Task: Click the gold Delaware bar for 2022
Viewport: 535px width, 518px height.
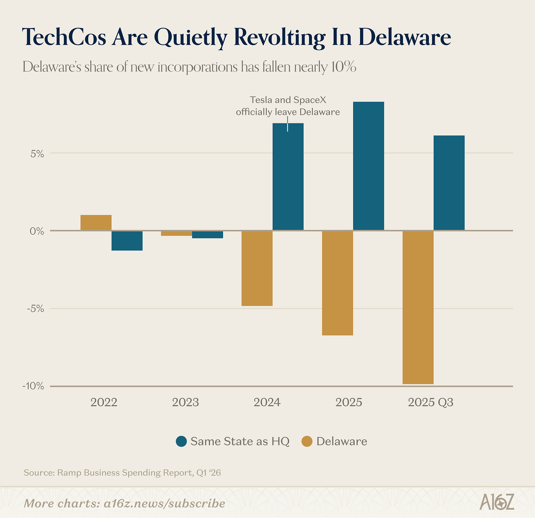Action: pyautogui.click(x=96, y=222)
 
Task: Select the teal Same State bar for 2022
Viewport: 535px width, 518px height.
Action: pyautogui.click(x=127, y=241)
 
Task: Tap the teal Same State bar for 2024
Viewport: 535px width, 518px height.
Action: pyautogui.click(x=288, y=177)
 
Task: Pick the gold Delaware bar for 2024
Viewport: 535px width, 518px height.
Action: pyautogui.click(x=257, y=268)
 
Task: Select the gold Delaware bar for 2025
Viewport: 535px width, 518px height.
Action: pyautogui.click(x=337, y=283)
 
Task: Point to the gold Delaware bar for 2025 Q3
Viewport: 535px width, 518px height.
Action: pyautogui.click(x=418, y=307)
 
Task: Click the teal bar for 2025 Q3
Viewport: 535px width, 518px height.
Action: pyautogui.click(x=449, y=183)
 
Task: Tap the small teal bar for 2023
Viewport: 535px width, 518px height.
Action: pyautogui.click(x=208, y=235)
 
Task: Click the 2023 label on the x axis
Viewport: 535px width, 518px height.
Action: pyautogui.click(x=186, y=402)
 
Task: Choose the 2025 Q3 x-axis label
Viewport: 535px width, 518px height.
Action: pyautogui.click(x=431, y=402)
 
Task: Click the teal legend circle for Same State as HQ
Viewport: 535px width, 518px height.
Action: pyautogui.click(x=181, y=441)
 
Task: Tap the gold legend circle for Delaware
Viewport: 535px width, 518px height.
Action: pyautogui.click(x=307, y=441)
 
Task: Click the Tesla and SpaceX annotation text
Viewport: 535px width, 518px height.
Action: pyautogui.click(x=288, y=106)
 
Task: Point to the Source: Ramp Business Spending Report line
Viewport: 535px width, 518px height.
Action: pyautogui.click(x=122, y=472)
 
